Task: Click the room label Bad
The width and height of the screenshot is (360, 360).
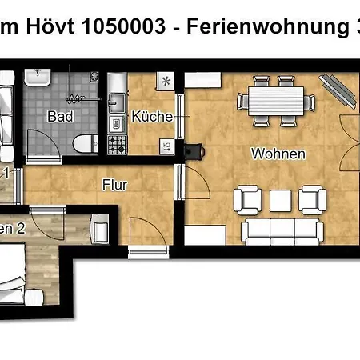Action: [x=61, y=115]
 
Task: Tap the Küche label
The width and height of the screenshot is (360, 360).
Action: [x=153, y=116]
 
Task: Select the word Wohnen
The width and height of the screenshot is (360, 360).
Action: [x=278, y=153]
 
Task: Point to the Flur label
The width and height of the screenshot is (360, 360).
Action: [x=115, y=184]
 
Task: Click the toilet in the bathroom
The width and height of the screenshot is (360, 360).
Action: [x=82, y=142]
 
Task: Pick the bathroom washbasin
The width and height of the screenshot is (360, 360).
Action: [x=38, y=78]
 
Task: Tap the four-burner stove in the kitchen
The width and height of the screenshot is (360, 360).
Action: [x=117, y=145]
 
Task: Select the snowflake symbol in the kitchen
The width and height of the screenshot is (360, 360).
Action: [x=166, y=82]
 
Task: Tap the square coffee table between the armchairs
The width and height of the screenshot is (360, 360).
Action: [x=280, y=199]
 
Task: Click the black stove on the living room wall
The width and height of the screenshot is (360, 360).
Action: [x=195, y=149]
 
